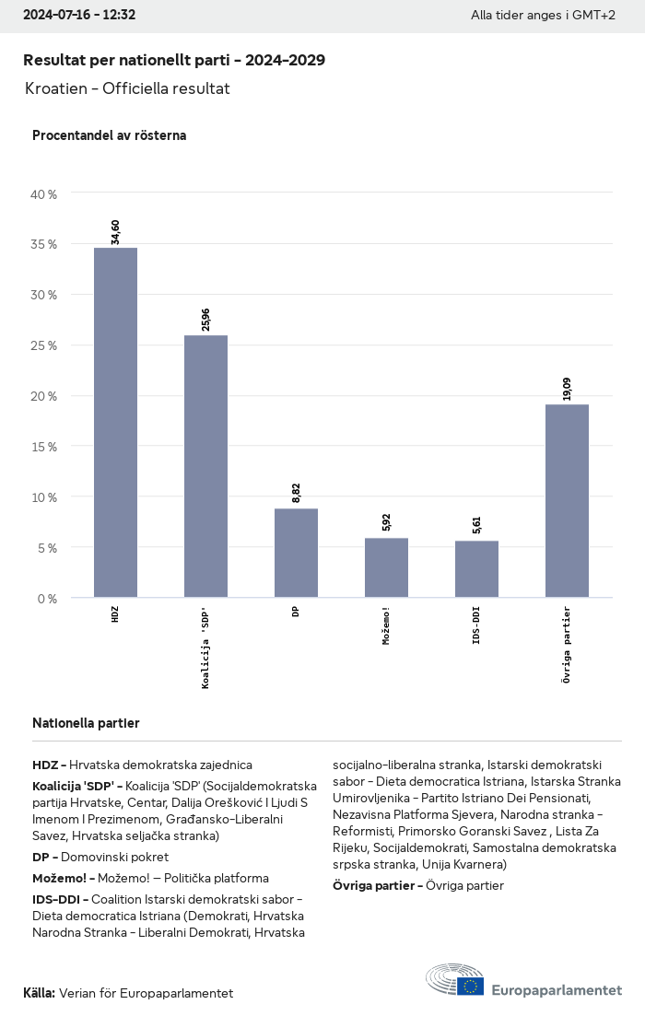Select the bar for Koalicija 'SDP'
pos(205,466)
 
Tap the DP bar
pos(296,553)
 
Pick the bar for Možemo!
pos(386,567)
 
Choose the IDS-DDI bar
pos(476,569)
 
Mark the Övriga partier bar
pos(567,500)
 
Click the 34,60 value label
pos(116,227)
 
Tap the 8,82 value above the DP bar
pos(297,492)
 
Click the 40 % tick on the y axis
pos(44,194)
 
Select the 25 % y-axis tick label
pos(44,345)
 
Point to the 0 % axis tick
pos(47,599)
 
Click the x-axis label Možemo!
pos(386,625)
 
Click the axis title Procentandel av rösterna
pos(109,135)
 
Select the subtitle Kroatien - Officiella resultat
pos(127,88)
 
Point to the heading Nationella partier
pos(86,723)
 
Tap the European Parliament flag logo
pos(471,987)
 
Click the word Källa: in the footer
pos(39,993)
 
